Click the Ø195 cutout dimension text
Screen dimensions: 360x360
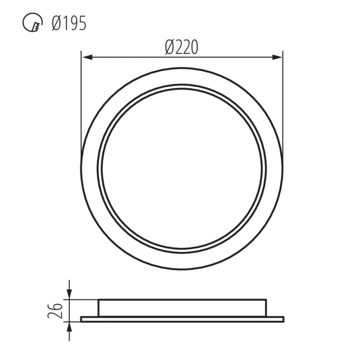click(x=69, y=23)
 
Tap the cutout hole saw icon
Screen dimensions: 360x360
click(x=32, y=23)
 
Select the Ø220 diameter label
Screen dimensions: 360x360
click(x=181, y=47)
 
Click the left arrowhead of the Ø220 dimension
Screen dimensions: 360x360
click(x=87, y=57)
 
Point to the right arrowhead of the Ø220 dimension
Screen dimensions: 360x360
click(x=276, y=57)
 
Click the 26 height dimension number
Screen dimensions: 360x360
click(x=55, y=311)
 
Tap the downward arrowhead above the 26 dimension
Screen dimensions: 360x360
click(x=69, y=295)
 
